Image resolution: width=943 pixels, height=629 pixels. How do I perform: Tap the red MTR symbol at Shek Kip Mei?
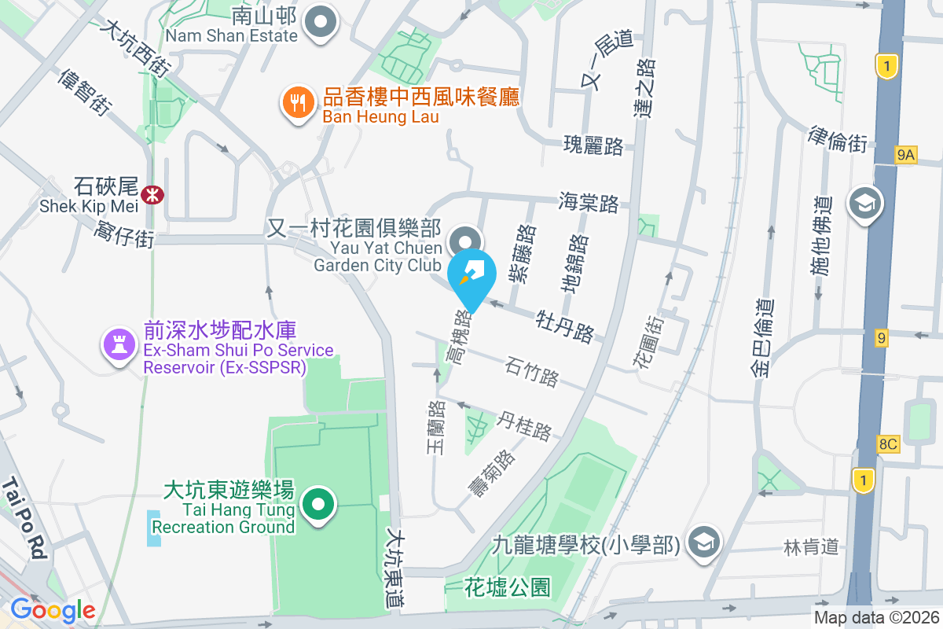pyautogui.click(x=152, y=191)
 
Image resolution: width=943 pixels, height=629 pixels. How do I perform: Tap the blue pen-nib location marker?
pyautogui.click(x=472, y=275)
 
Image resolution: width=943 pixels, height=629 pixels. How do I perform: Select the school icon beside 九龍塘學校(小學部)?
pyautogui.click(x=703, y=543)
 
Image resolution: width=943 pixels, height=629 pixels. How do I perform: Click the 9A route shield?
pyautogui.click(x=905, y=156)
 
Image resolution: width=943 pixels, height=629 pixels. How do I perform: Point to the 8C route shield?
pyautogui.click(x=888, y=444)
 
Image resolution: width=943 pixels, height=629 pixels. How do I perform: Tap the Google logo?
pyautogui.click(x=53, y=610)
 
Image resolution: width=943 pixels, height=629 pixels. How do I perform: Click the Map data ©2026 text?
pyautogui.click(x=875, y=618)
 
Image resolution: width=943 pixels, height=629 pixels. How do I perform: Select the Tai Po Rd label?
pyautogui.click(x=26, y=518)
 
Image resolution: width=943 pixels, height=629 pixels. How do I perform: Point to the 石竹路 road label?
pyautogui.click(x=532, y=371)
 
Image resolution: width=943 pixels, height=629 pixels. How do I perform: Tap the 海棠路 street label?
pyautogui.click(x=589, y=203)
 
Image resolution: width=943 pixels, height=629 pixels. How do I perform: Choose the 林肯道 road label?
pyautogui.click(x=812, y=546)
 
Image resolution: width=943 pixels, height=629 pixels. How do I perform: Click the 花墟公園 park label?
pyautogui.click(x=507, y=587)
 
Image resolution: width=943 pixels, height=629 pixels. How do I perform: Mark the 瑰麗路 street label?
pyautogui.click(x=593, y=145)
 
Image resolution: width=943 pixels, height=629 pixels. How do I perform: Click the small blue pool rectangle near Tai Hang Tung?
pyautogui.click(x=154, y=528)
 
